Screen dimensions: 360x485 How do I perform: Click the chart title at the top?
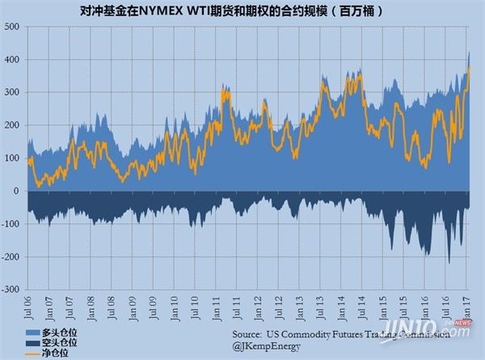coord(242,13)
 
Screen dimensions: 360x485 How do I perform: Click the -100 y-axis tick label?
coord(11,224)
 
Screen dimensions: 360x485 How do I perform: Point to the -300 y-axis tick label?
coord(11,290)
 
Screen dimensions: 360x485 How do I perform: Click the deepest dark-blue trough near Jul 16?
coord(449,262)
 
